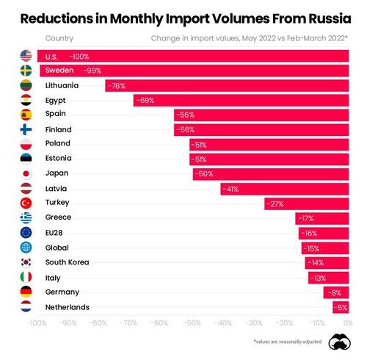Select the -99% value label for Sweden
point(92,71)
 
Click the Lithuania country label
point(62,85)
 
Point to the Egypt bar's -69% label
point(145,100)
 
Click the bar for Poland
point(268,144)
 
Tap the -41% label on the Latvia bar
point(231,189)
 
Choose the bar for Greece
point(321,218)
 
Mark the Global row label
point(57,248)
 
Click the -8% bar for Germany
point(335,292)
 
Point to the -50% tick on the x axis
point(191,323)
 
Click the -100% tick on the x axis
point(36,323)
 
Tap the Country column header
point(59,37)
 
